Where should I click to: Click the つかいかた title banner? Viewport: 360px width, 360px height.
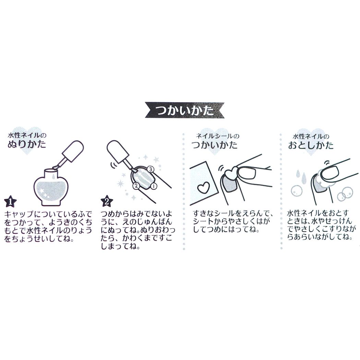point(184,110)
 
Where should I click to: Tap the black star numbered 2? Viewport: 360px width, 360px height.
point(107,201)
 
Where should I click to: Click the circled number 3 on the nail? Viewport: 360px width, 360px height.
point(151,169)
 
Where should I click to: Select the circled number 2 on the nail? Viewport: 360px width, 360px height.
point(136,186)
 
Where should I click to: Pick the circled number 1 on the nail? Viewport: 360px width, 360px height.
point(153,185)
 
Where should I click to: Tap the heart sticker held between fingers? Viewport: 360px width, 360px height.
point(231,173)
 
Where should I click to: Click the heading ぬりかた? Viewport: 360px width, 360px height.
point(27,145)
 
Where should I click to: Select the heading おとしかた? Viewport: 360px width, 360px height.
point(311,145)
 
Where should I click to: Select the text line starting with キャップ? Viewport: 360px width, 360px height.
point(48,214)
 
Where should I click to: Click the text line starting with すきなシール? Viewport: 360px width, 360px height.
point(233,214)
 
